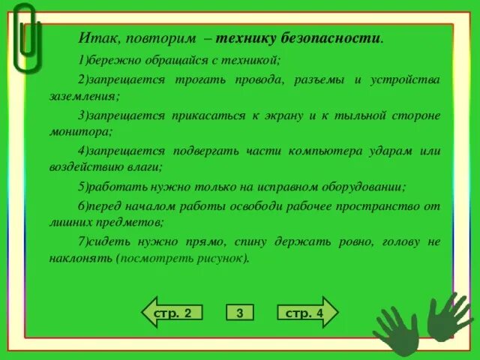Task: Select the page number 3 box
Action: click(239, 313)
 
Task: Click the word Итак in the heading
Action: click(96, 37)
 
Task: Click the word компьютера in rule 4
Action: click(327, 150)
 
